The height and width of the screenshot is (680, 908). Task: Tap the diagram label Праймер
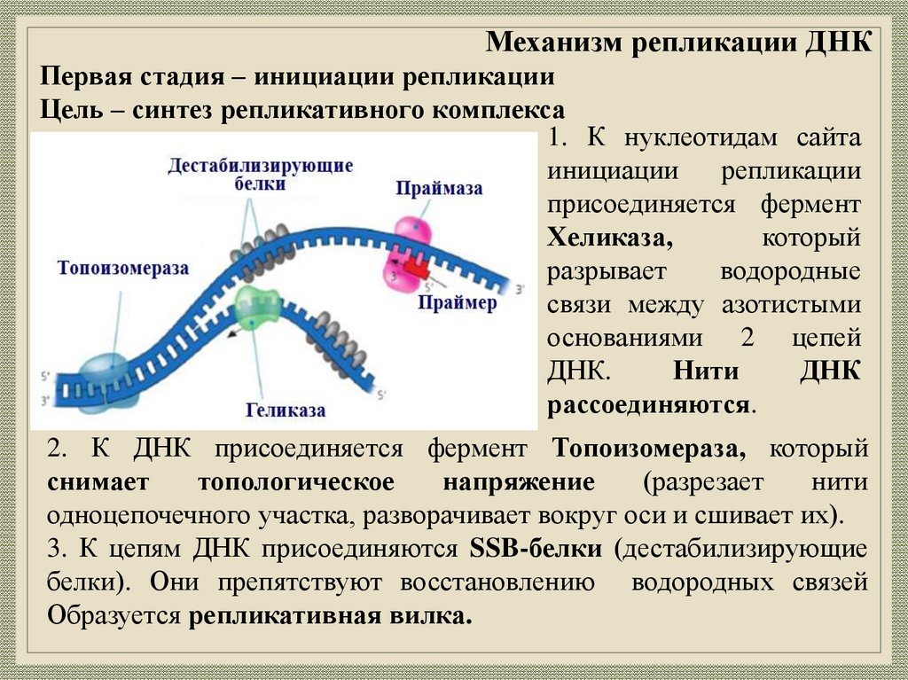pos(458,303)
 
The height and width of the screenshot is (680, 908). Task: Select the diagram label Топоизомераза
pos(123,268)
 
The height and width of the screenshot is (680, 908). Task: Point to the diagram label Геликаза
pos(286,410)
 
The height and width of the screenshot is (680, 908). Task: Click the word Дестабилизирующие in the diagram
pos(261,166)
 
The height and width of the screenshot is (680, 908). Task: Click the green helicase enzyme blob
pos(258,306)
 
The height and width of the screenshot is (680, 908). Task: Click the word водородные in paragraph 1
pos(790,271)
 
